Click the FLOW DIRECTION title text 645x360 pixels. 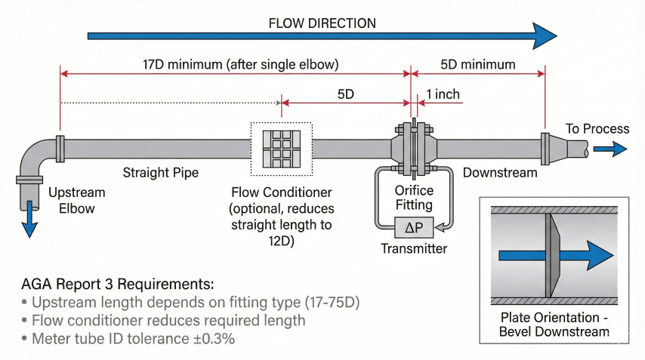pos(322,23)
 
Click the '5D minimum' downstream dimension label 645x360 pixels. pos(477,64)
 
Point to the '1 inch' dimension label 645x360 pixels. pos(443,94)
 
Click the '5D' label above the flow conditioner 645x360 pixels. pos(345,94)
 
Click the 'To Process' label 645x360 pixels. pos(597,129)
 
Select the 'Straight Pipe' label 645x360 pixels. pos(161,173)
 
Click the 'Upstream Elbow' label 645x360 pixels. pos(76,200)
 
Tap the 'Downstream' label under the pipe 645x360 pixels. pos(499,173)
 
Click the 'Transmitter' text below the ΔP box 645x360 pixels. pos(413,248)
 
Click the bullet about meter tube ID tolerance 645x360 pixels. pos(133,339)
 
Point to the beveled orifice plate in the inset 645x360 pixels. pos(551,256)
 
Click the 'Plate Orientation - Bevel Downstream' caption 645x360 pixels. pos(554,325)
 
